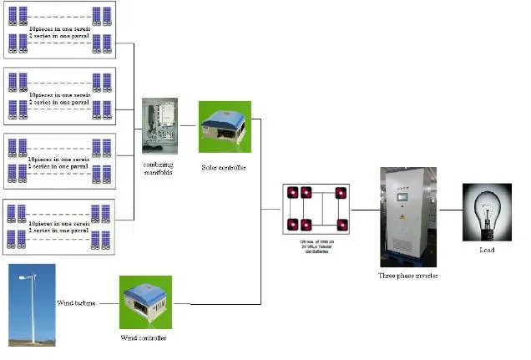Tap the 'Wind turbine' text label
(78, 302)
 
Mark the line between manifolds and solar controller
(189, 126)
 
